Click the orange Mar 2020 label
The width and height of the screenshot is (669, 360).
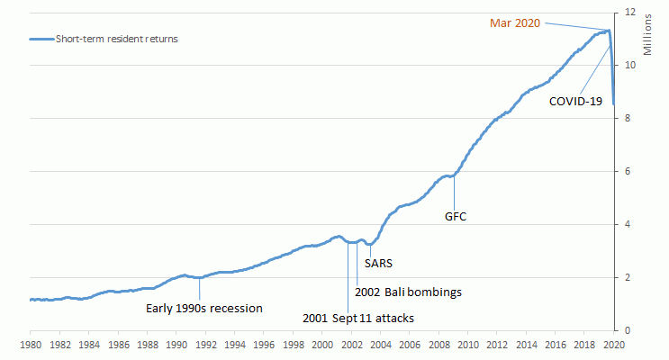pyautogui.click(x=515, y=22)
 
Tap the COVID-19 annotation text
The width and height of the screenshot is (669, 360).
pyautogui.click(x=575, y=102)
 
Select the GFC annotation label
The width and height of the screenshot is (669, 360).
pyautogui.click(x=456, y=216)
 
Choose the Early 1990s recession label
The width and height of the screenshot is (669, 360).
pyautogui.click(x=204, y=309)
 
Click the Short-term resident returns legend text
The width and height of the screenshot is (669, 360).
pyautogui.click(x=118, y=39)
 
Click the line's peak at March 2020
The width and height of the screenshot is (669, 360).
pyautogui.click(x=609, y=31)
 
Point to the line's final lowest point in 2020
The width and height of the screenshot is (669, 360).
pyautogui.click(x=613, y=103)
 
